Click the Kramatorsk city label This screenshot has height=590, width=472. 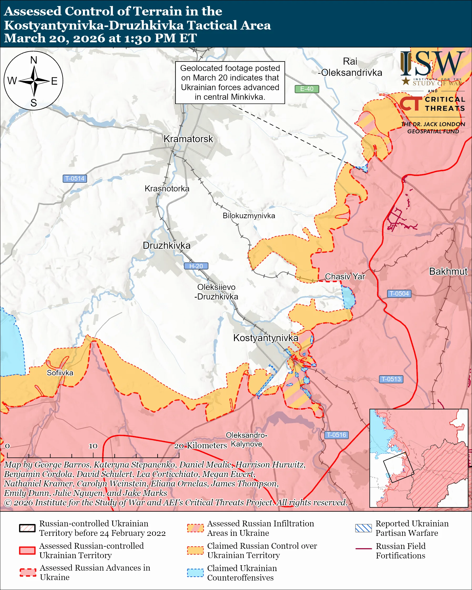pos(188,139)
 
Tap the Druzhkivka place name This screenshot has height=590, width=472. pos(167,246)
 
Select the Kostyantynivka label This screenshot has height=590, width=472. pos(265,338)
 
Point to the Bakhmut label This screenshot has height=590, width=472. pos(448,271)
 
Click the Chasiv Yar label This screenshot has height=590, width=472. pos(345,277)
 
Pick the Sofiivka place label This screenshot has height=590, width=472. pos(60,373)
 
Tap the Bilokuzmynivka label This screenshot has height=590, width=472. pos(249,216)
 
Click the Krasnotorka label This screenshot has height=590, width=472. pos(167,189)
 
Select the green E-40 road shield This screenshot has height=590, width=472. pos(307,89)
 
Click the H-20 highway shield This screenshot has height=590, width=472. pos(196,266)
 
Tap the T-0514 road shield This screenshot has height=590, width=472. pos(75,179)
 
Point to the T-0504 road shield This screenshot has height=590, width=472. pos(399,294)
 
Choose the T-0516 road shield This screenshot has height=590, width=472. pos(336,435)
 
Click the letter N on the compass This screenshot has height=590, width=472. pos(34,60)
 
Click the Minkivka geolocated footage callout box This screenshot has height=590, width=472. pos(230,82)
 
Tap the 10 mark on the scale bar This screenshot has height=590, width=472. pos(93,446)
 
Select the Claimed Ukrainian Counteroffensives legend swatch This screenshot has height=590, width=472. pos(195,573)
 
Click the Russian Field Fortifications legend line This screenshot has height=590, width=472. pos(363,549)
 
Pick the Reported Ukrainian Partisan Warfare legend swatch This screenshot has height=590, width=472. pos(363,528)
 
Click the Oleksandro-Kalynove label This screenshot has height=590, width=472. pos(246,440)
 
